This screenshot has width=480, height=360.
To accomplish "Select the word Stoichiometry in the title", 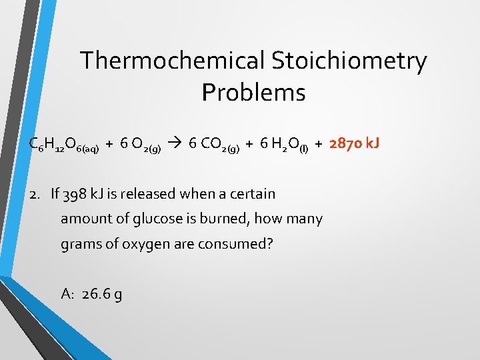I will tap(349, 61).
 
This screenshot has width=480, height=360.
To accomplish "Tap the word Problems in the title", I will tap(253, 93).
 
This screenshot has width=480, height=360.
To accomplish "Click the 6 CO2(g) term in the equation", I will tap(214, 144).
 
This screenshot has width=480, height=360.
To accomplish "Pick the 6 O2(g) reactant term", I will tap(139, 144).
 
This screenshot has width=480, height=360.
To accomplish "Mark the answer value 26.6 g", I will tap(101, 294).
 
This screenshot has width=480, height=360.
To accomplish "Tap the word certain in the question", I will tap(251, 194).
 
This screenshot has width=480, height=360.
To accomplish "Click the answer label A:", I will tap(67, 294).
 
